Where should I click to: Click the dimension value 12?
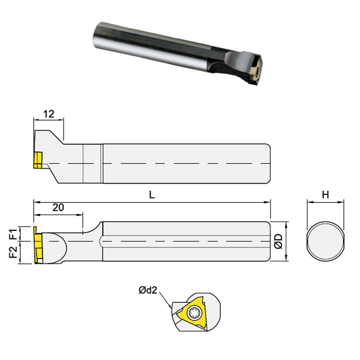tap(49, 114)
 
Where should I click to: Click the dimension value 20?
tap(58, 207)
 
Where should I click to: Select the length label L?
tap(152, 195)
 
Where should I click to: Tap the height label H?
tap(325, 195)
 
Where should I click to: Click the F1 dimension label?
tap(14, 234)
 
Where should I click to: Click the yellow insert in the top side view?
tap(37, 160)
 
